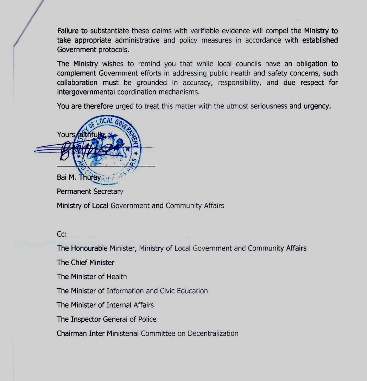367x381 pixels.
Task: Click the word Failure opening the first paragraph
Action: click(68, 31)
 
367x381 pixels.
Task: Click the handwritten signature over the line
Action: click(91, 150)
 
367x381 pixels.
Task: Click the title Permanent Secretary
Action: click(90, 192)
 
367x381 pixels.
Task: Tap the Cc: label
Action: click(62, 234)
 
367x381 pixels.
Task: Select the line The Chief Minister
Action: click(86, 262)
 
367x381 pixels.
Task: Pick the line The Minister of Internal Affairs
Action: click(105, 305)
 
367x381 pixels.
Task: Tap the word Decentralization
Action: click(213, 333)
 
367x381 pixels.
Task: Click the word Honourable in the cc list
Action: click(89, 248)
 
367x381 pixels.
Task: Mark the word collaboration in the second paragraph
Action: click(77, 83)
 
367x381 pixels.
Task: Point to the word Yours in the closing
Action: click(66, 134)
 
